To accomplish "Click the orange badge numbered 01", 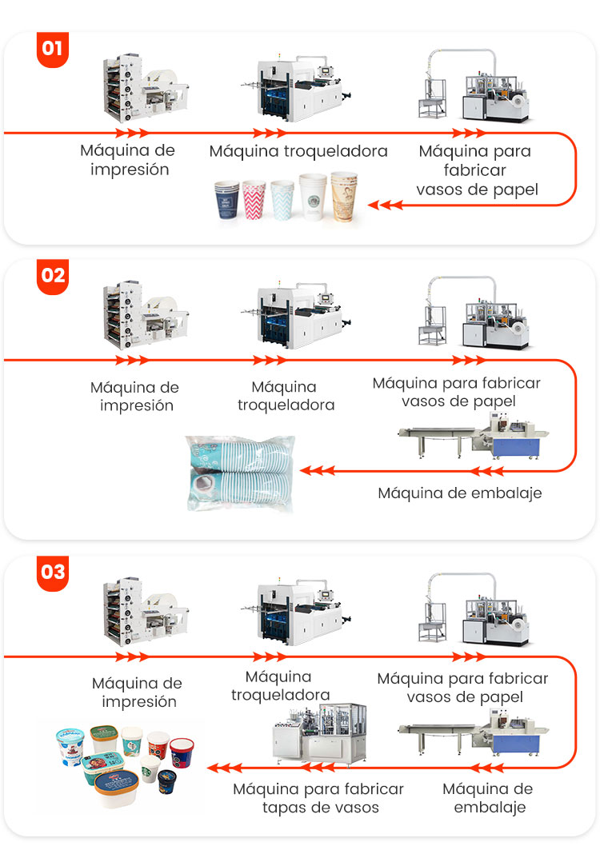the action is coord(53,49).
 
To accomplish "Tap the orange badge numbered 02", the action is coord(53,277).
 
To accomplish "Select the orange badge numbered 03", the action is coord(53,573).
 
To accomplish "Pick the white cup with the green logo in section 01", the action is coord(313,197).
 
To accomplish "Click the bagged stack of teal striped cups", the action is coord(240,473).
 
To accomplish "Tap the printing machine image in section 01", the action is coord(146,88).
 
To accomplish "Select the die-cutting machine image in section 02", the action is coord(296,316).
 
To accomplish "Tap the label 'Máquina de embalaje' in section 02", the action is coord(460,493).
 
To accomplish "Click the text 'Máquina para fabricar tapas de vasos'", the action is coord(319,798).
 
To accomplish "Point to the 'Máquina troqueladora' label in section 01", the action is coord(298,151).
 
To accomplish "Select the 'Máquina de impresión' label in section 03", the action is coord(138,692).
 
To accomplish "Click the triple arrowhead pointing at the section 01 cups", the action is coord(385,206).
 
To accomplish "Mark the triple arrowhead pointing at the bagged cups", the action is coord(318,471).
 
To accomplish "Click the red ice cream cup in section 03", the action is coord(182,752).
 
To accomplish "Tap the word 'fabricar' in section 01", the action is coord(474,170).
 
